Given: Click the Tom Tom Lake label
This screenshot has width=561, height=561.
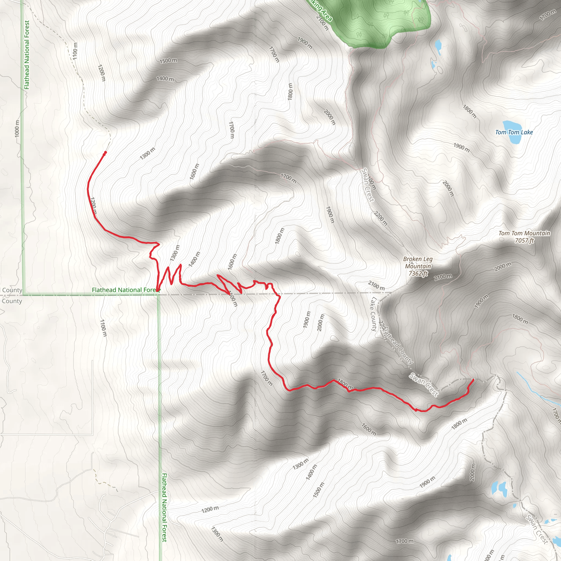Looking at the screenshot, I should (x=514, y=132).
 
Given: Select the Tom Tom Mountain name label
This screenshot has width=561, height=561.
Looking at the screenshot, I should (x=524, y=233).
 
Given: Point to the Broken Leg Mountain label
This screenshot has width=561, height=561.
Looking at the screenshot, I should (x=418, y=262).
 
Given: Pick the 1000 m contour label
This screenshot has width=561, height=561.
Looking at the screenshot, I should (x=17, y=128).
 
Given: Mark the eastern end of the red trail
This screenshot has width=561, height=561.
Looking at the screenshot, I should (x=473, y=379).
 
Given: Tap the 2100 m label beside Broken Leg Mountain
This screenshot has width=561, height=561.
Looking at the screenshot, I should (x=443, y=276).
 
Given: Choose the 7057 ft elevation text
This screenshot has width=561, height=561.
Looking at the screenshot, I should (x=524, y=241).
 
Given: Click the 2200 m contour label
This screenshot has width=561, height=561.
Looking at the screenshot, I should (x=381, y=218).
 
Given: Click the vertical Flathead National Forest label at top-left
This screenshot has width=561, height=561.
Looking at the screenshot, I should (x=27, y=55).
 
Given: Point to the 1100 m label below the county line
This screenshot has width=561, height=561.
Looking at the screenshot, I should (x=103, y=328).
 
